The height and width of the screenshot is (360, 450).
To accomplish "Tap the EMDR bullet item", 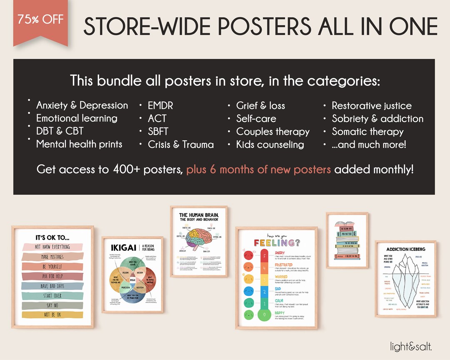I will (160, 105).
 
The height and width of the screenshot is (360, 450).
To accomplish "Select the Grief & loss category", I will (260, 105).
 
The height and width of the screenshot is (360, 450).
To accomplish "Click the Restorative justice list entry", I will (371, 106).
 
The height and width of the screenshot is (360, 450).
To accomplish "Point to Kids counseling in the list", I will (270, 145).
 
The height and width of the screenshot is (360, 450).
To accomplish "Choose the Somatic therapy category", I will (367, 132).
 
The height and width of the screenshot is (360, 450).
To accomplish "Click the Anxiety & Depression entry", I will (82, 105).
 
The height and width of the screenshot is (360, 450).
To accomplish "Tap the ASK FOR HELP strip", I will (52, 276).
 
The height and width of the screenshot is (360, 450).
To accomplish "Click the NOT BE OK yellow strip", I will (52, 315).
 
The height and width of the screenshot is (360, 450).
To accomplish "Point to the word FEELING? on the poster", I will (276, 242).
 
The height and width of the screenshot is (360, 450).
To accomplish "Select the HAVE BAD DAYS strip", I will (52, 286).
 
